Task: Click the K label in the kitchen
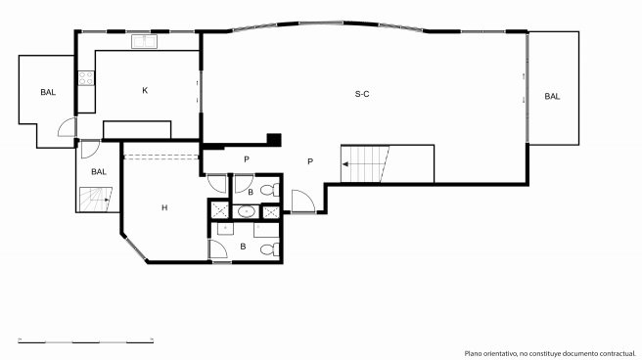coord(145,90)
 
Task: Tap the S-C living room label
coord(362,94)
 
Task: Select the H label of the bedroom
coord(164,207)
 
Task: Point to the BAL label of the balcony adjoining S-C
coord(552,97)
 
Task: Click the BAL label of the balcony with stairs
coord(99,172)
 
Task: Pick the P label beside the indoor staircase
coord(310,162)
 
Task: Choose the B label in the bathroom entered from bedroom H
coord(244,247)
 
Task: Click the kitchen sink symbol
coord(144,41)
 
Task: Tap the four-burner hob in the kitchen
coord(86,78)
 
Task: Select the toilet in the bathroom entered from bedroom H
coord(270,248)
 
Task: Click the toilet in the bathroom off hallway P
coord(270,190)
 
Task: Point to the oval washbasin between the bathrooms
coord(246,212)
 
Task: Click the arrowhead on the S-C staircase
coord(345,164)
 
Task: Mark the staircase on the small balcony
coord(96,200)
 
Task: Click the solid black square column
coord(274,140)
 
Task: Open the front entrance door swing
coord(303,202)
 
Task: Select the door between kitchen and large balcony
coord(68,127)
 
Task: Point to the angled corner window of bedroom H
coord(135,247)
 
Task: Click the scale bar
coord(85,340)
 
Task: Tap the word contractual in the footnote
coord(619,353)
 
